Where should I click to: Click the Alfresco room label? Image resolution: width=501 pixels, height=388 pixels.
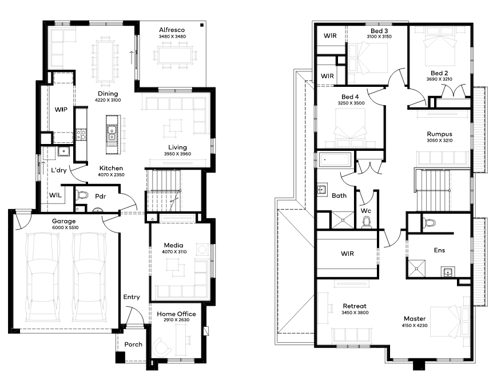point(172,30)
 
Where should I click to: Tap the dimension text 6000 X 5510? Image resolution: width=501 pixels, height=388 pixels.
point(65,227)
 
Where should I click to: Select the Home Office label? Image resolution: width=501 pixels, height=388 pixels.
point(176,314)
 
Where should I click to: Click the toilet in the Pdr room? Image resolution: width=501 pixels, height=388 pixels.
point(82,194)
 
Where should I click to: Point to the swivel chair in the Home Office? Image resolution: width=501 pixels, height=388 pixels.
point(162,346)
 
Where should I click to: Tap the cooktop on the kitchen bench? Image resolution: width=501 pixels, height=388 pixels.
point(81,134)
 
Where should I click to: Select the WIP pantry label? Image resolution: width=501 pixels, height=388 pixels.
point(61,110)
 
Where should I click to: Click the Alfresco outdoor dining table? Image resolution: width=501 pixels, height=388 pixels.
point(175,55)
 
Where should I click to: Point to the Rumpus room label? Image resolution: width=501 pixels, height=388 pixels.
point(440,134)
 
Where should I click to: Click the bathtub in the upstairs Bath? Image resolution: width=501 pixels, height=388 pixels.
point(336,159)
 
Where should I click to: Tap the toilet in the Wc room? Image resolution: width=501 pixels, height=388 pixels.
point(367,222)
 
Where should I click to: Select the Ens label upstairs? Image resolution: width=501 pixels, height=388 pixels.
point(439,250)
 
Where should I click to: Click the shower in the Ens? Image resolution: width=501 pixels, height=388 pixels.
point(417,269)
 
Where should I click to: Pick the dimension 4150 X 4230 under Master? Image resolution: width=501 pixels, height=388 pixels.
point(415,325)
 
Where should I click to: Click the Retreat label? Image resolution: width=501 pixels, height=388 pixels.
point(355,306)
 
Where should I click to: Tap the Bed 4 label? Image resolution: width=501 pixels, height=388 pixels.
point(350,97)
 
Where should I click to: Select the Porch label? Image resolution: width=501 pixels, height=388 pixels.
point(133,345)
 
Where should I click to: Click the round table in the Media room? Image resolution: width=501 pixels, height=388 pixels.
point(202,249)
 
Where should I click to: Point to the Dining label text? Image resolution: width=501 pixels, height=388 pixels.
point(108,94)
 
